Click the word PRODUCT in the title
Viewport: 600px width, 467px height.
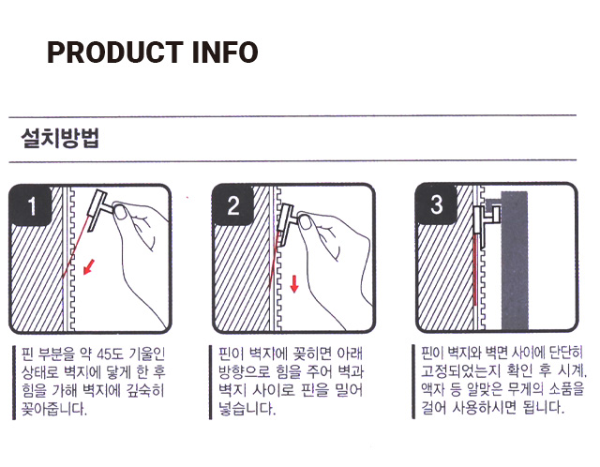(114, 53)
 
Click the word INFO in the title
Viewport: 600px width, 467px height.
(225, 53)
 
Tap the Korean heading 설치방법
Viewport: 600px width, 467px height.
(60, 138)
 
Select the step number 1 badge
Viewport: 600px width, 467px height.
(31, 205)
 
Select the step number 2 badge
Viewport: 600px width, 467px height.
(233, 205)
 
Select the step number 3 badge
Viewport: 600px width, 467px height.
(437, 204)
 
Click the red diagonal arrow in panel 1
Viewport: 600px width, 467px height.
(89, 267)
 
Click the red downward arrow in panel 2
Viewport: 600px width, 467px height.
(294, 283)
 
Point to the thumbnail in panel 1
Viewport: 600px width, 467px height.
(121, 212)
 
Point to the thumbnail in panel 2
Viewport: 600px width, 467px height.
(306, 222)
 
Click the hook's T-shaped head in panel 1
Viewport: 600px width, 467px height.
(97, 211)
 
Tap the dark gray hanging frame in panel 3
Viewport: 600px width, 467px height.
(515, 260)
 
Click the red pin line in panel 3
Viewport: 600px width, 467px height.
(475, 270)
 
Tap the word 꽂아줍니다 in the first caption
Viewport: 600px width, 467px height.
(54, 410)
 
